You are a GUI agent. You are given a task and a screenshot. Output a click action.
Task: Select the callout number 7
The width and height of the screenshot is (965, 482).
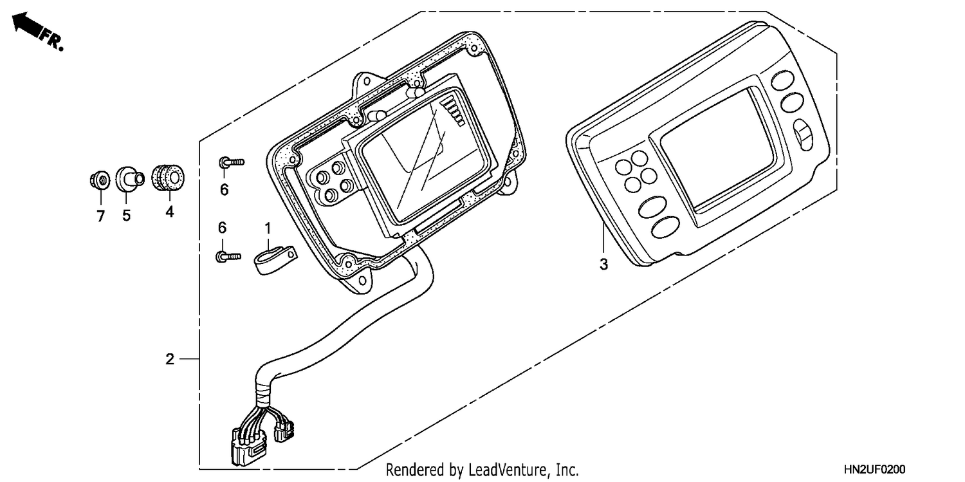[x=101, y=216]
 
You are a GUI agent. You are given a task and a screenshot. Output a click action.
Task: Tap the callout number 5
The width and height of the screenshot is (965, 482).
[x=126, y=216]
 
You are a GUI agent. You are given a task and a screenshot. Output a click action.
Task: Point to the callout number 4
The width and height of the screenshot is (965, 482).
[x=170, y=212]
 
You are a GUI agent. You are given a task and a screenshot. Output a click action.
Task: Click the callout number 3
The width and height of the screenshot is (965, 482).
[x=604, y=264]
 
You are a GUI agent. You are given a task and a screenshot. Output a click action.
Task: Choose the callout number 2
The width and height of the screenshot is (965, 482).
[x=170, y=359]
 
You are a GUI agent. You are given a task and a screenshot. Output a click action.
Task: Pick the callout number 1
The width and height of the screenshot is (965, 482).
[x=268, y=228]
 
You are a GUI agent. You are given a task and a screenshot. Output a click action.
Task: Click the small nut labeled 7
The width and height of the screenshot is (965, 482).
[x=100, y=180]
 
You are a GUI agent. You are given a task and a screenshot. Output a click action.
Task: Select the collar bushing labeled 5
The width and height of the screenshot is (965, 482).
[x=129, y=178]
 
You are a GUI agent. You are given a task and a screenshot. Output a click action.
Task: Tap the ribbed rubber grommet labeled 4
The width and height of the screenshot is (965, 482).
[x=168, y=177]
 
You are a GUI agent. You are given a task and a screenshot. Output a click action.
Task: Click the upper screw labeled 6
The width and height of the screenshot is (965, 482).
[x=232, y=162]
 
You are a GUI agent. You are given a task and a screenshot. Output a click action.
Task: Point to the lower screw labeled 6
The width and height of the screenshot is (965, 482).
[x=228, y=257]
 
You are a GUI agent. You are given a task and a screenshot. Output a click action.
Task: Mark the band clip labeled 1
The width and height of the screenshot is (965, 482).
[x=275, y=260]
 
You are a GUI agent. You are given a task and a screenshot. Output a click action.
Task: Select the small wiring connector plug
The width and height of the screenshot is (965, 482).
[x=284, y=431]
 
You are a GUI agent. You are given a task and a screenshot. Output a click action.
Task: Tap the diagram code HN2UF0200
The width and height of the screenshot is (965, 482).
[x=874, y=469]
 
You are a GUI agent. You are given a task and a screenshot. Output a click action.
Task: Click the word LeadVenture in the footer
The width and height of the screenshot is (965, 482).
[x=507, y=470]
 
